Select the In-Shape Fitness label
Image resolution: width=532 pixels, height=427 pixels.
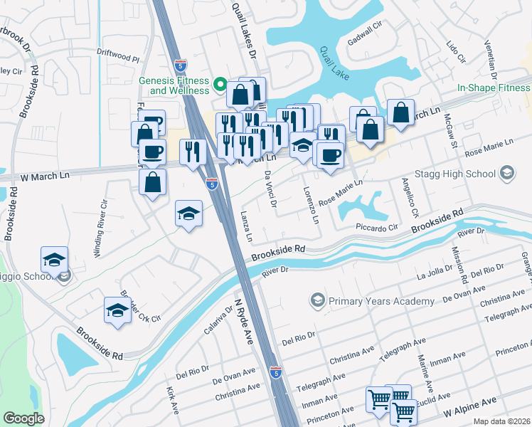tap(494, 88)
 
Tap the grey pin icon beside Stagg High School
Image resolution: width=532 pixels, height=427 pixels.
tap(506, 173)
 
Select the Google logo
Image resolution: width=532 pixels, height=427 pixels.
tap(24, 418)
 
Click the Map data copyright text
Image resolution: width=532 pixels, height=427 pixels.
tap(501, 421)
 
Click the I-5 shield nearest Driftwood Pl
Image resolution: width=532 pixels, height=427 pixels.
tap(180, 63)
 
